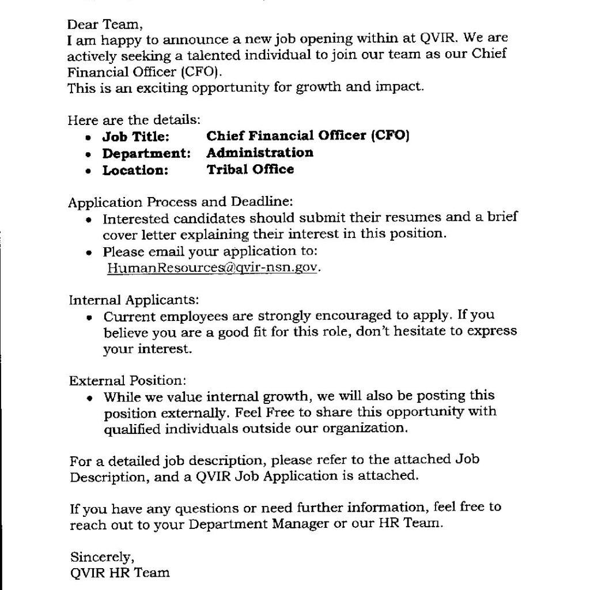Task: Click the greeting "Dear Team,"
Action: [104, 25]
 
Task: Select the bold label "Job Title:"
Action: [136, 137]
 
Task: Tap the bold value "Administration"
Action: [260, 153]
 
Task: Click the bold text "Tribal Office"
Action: [250, 169]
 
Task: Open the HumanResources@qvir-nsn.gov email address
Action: [212, 268]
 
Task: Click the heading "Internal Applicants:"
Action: [134, 300]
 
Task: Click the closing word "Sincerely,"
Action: [102, 557]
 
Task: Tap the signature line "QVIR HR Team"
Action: [120, 573]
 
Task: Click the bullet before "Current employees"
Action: [89, 317]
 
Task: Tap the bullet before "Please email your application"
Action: [88, 252]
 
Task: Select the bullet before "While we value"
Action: [89, 398]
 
